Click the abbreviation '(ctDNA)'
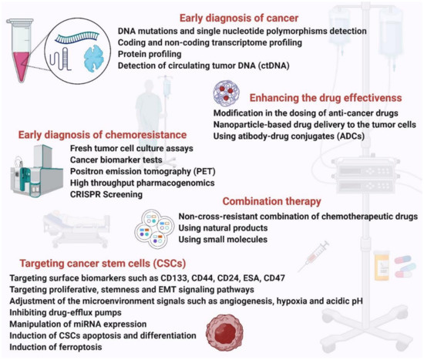click(244, 68)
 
